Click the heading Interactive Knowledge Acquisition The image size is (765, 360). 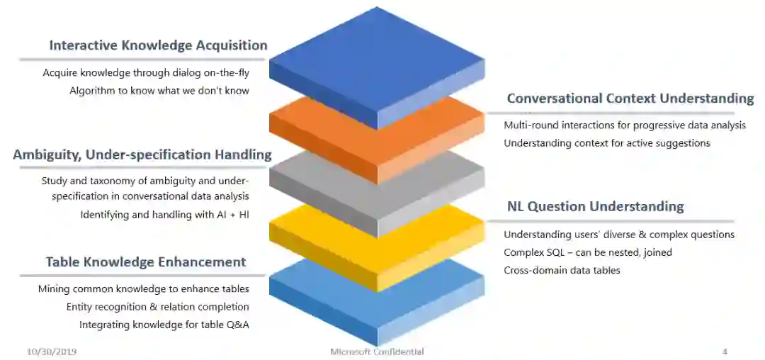[158, 45]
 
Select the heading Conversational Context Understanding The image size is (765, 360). [630, 99]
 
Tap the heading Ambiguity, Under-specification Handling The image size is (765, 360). [142, 154]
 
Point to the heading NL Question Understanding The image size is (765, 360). [595, 207]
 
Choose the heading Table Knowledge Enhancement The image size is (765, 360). [146, 262]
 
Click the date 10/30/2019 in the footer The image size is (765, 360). [52, 351]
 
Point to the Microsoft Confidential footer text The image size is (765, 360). [377, 351]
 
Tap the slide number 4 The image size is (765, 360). [725, 351]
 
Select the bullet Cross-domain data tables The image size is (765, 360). [562, 270]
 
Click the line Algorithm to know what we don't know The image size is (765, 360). [159, 91]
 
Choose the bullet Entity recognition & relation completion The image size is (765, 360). [158, 307]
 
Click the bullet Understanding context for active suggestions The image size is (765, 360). [607, 143]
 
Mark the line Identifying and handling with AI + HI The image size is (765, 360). [164, 214]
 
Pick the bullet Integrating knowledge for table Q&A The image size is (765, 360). [164, 325]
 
